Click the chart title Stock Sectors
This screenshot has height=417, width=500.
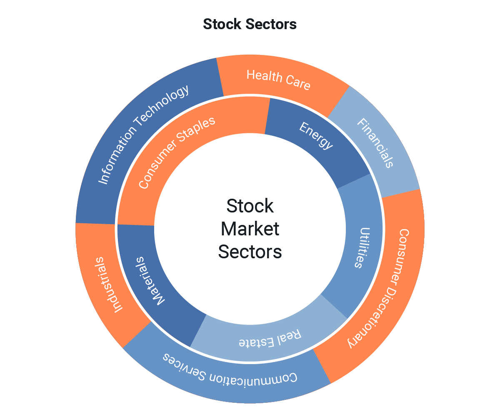(x=250, y=24)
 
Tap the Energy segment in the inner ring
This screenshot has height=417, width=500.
(x=316, y=136)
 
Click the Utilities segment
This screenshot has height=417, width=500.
(x=359, y=248)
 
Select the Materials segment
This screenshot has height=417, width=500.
(x=149, y=281)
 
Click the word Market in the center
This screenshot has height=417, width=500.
(x=250, y=229)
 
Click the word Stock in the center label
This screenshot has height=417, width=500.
(x=250, y=206)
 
